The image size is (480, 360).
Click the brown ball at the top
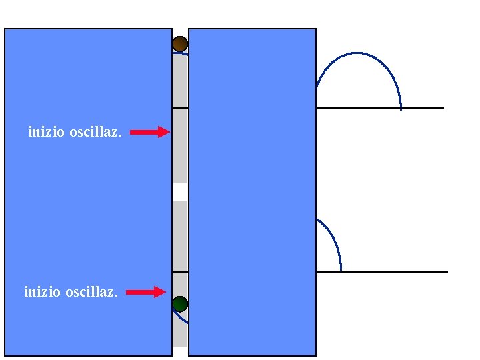[x=180, y=44]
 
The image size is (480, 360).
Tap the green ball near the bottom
[x=180, y=305]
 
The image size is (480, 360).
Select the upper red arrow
[x=149, y=133]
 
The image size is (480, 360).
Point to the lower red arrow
[x=145, y=292]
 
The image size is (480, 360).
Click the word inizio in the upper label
[x=47, y=132]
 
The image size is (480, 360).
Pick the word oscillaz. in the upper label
[x=95, y=132]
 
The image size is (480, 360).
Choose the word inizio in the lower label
[x=43, y=291]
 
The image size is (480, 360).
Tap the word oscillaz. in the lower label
[x=91, y=291]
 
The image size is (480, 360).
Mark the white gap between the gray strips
[x=180, y=192]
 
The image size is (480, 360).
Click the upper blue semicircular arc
[x=357, y=54]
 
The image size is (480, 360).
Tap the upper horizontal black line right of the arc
[x=423, y=107]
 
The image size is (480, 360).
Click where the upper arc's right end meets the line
[x=401, y=107]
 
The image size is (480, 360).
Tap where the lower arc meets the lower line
[x=341, y=271]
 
